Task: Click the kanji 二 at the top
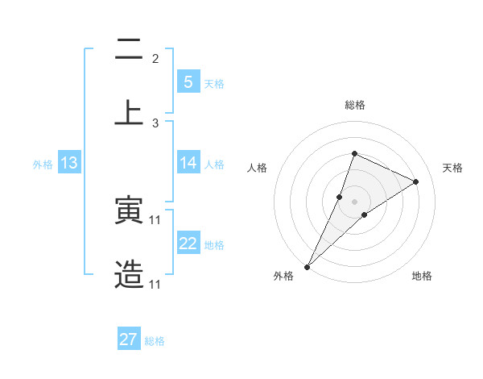coord(129,51)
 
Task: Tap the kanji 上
coord(129,112)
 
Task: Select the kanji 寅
coord(129,211)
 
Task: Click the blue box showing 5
coord(188,81)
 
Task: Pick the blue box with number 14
coord(188,163)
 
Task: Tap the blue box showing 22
coord(188,244)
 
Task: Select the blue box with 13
coord(68,163)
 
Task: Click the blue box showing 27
coord(129,339)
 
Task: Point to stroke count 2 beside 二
coord(155,59)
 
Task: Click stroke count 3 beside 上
coord(155,123)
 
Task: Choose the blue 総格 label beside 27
coord(155,341)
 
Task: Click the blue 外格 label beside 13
coord(43,165)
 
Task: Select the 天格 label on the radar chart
coord(452,168)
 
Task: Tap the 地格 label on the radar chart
coord(422,276)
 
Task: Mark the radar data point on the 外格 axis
coord(307,266)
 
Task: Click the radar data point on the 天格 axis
coord(416,181)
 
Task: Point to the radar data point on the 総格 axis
coord(354,153)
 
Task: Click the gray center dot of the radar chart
coord(354,201)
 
